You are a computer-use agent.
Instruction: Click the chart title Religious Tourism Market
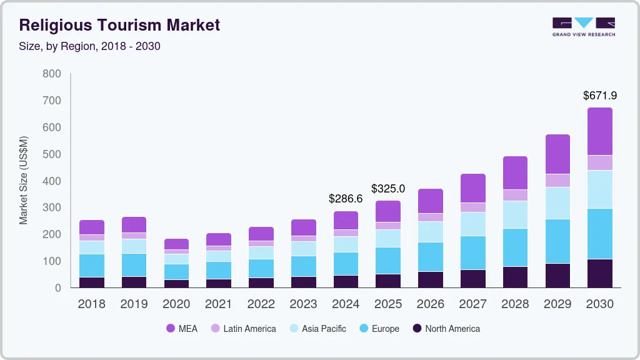pyautogui.click(x=119, y=25)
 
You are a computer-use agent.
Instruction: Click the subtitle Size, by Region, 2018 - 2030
pyautogui.click(x=90, y=46)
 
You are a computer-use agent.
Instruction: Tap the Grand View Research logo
pyautogui.click(x=583, y=26)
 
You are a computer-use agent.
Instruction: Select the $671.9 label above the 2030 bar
pyautogui.click(x=599, y=96)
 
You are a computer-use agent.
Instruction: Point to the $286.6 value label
pyautogui.click(x=346, y=199)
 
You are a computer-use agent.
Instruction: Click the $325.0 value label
pyautogui.click(x=387, y=188)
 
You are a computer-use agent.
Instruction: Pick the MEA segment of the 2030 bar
pyautogui.click(x=599, y=131)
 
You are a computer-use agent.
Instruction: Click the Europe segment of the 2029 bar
pyautogui.click(x=557, y=241)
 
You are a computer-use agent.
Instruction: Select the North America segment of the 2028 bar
pyautogui.click(x=515, y=277)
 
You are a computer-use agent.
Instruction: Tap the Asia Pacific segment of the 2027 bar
pyautogui.click(x=472, y=224)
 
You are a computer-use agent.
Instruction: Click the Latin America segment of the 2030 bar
pyautogui.click(x=599, y=162)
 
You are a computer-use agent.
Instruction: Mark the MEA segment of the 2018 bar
pyautogui.click(x=92, y=227)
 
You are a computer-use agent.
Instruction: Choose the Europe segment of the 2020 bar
pyautogui.click(x=176, y=272)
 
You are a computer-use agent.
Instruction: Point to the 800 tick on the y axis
pyautogui.click(x=52, y=74)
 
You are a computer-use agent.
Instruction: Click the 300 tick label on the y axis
pyautogui.click(x=52, y=207)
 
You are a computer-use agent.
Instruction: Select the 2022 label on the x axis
pyautogui.click(x=261, y=304)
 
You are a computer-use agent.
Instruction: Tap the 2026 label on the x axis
pyautogui.click(x=430, y=304)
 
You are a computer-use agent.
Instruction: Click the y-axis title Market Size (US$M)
pyautogui.click(x=24, y=180)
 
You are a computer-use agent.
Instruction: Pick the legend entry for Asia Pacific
pyautogui.click(x=316, y=329)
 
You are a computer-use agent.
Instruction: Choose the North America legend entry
pyautogui.click(x=446, y=329)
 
